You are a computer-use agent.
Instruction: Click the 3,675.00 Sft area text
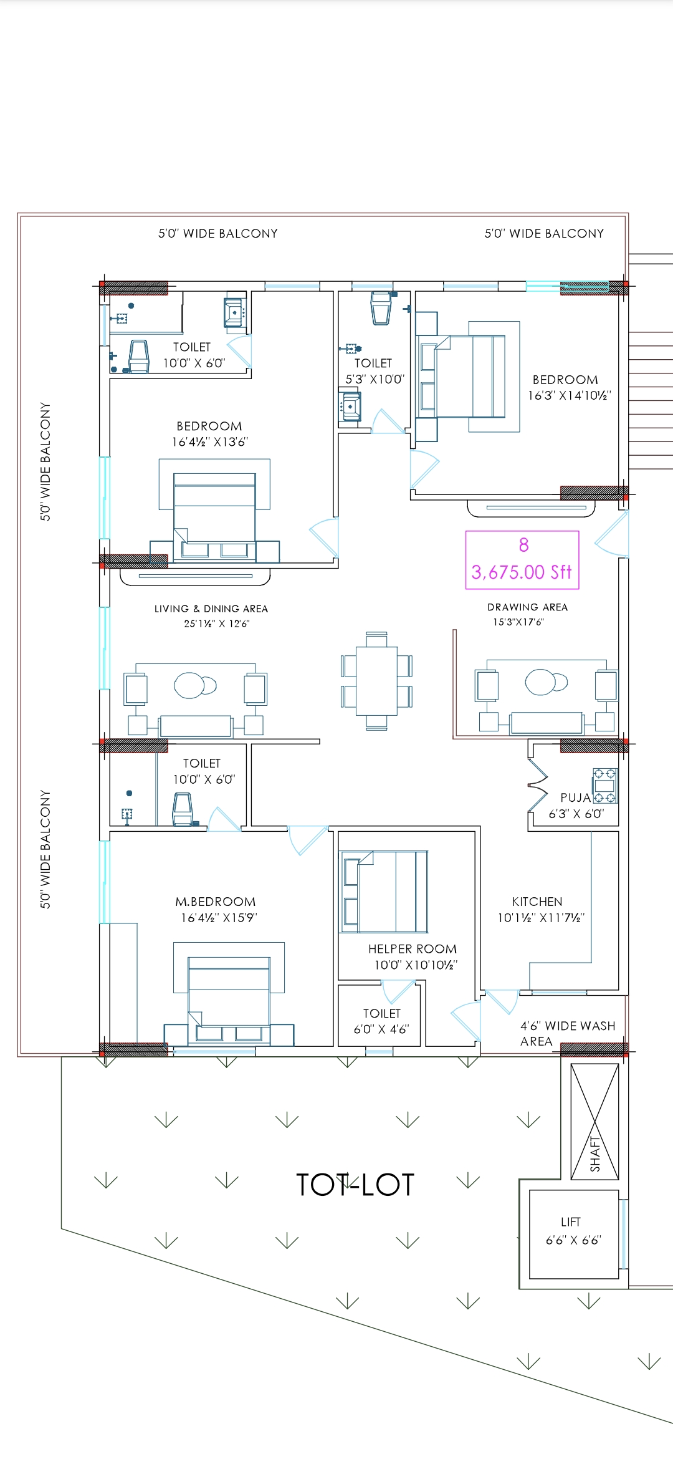point(522,572)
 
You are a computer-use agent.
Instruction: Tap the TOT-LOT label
point(355,1185)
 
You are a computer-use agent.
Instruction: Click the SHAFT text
point(595,1154)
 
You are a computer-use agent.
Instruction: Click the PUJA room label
point(575,798)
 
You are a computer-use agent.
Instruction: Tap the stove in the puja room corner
point(604,786)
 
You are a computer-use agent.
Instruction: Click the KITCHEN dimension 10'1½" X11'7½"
point(540,918)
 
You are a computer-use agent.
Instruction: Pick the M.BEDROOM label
point(215,902)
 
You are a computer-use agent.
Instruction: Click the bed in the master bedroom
point(229,992)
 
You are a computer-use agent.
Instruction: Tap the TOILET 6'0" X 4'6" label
point(381,1021)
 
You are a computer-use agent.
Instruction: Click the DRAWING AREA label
point(527,607)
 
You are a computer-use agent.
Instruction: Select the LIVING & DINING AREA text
point(211,609)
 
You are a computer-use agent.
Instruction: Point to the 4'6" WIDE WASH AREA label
point(567,1034)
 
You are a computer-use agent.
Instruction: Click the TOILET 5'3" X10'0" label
point(374,371)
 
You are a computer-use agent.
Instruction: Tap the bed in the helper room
point(384,892)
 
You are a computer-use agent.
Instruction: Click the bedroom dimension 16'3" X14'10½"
point(569,395)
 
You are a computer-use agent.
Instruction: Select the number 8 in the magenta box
point(523,546)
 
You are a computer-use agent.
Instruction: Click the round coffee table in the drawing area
point(542,681)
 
